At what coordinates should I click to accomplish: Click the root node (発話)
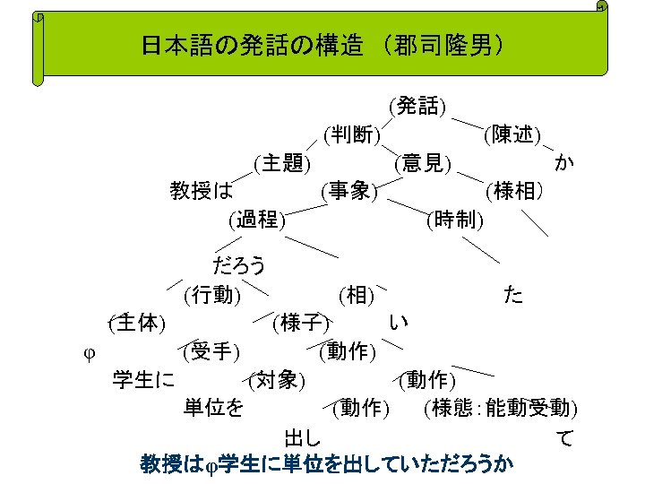(418, 107)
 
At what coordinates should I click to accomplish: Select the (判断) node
(352, 134)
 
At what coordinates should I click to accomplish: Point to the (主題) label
(282, 162)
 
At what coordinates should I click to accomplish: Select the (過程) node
(257, 218)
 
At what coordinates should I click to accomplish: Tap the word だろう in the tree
(239, 265)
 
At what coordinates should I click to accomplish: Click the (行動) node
(211, 294)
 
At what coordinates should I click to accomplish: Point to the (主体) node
(135, 322)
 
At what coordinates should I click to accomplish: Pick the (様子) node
(302, 322)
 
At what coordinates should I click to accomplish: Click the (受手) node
(211, 350)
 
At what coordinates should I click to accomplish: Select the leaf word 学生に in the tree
(143, 379)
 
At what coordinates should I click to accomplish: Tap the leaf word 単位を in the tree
(213, 408)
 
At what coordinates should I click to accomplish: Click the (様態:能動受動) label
(500, 408)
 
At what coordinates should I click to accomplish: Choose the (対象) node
(279, 379)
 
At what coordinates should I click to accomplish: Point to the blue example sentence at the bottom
(327, 463)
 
